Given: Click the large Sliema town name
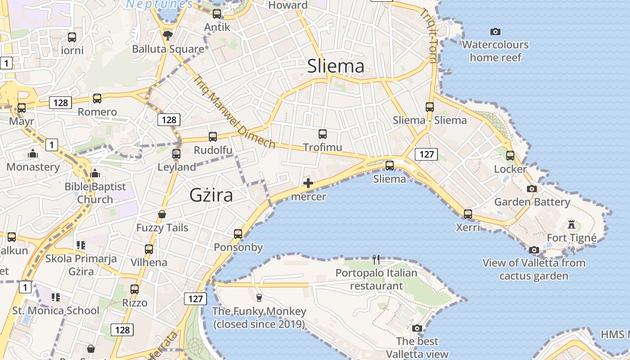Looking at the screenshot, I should [336, 66].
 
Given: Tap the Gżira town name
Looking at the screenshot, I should [211, 195].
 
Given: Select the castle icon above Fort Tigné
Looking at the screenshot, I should [571, 224].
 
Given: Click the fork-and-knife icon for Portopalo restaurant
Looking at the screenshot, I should [376, 259].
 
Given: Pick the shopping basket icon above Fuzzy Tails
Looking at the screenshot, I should [162, 214].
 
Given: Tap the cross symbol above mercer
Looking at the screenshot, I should [308, 183].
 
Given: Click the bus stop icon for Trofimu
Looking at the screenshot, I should [322, 134].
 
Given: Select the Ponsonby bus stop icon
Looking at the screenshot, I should [238, 234].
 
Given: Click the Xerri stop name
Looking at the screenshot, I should [468, 228].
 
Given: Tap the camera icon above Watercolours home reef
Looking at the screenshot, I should [495, 31].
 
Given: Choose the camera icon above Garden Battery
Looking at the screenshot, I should [532, 189].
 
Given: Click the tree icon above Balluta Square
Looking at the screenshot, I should [168, 35].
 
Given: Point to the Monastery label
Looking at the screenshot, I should [33, 167].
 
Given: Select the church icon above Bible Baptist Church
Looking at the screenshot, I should [95, 173].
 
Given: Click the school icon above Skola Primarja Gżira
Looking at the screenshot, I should [81, 245].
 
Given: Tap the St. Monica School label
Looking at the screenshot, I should [56, 310].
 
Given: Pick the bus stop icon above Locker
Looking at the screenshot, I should [510, 156].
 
